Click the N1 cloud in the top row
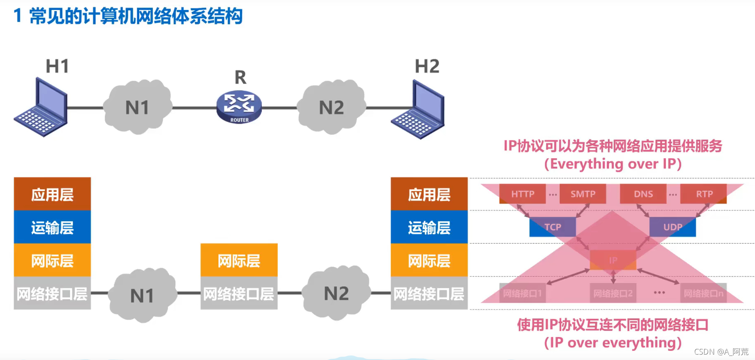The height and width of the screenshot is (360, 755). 137,107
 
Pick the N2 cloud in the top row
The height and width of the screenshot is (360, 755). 331,107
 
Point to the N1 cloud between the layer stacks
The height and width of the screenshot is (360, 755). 142,295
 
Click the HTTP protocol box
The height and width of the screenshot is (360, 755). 523,194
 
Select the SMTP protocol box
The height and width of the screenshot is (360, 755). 583,194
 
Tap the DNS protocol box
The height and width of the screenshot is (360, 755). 643,194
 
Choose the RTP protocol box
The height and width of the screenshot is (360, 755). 704,194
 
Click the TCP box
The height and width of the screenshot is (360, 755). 553,227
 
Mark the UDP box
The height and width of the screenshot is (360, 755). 673,227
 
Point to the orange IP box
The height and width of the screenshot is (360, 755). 613,260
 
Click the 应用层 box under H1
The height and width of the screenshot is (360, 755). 52,194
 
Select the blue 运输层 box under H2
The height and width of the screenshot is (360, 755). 429,227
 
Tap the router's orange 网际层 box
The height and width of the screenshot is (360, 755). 239,260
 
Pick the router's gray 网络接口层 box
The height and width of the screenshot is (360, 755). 239,293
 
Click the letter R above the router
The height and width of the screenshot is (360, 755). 240,77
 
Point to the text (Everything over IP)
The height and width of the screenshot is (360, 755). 613,164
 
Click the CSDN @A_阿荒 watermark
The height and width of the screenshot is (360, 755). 721,351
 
